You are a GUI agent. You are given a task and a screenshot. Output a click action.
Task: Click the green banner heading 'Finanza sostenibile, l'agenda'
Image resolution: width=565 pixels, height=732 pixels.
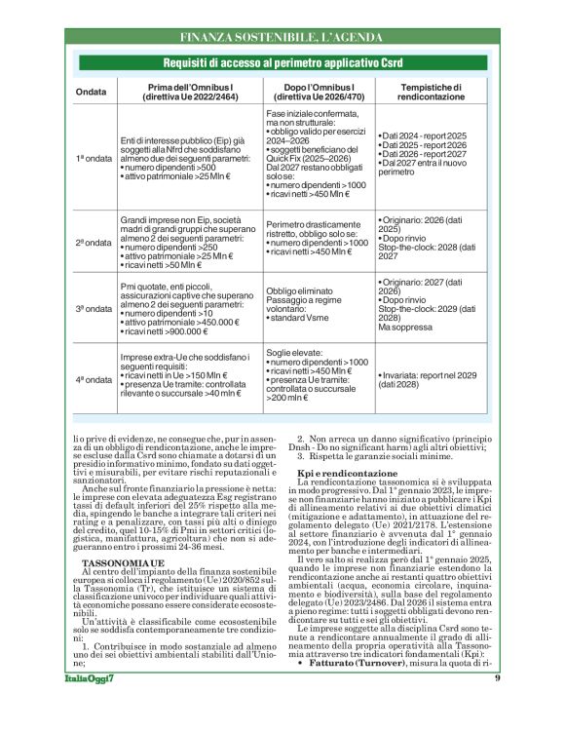point(282,38)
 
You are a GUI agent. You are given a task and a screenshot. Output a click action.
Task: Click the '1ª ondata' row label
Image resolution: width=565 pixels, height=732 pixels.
point(94,157)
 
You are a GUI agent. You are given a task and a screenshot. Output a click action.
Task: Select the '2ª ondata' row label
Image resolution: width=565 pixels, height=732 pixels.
point(94,242)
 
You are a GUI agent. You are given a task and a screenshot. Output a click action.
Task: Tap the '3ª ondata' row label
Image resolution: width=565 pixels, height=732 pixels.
point(94,307)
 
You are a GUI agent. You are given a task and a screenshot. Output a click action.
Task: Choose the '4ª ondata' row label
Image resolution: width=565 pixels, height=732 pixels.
point(94,378)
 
